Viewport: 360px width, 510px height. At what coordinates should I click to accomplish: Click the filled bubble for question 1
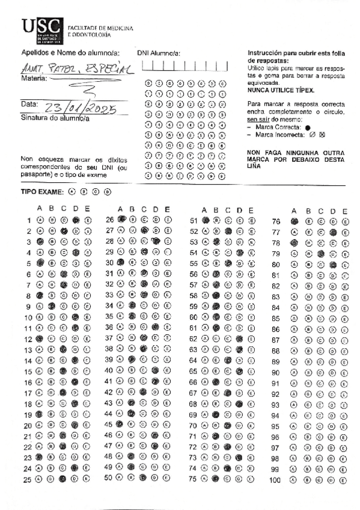coord(76,220)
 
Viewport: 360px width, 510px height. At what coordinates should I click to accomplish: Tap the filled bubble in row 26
coord(121,220)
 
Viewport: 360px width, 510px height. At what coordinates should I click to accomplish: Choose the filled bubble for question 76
coord(294,221)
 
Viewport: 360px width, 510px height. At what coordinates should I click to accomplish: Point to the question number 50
coord(109,478)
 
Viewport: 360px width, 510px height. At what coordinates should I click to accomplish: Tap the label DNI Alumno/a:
coord(159,54)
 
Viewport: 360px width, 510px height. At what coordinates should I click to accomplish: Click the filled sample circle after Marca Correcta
coord(307,128)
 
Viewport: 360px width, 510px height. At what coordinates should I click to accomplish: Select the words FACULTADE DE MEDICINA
coord(100,28)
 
